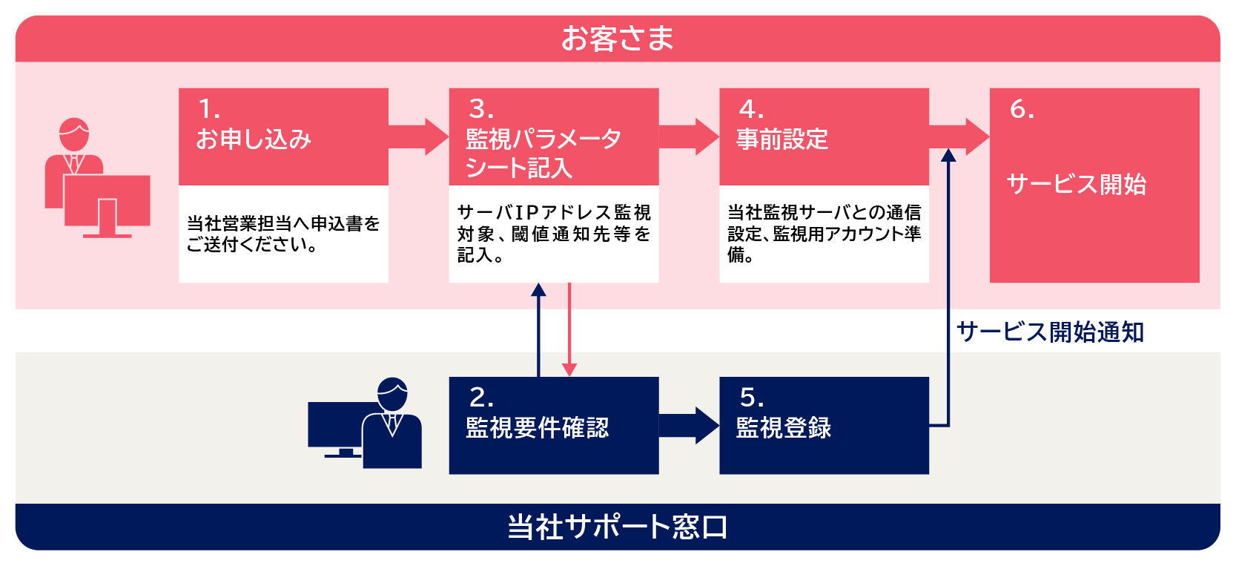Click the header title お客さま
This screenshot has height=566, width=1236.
click(x=617, y=39)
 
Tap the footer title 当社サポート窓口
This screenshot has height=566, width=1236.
click(x=617, y=527)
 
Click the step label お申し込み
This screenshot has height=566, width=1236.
click(x=254, y=139)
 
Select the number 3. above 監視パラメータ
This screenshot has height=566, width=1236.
click(x=480, y=110)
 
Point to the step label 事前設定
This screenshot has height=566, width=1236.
click(x=782, y=139)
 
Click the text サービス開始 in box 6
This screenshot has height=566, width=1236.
click(x=1076, y=184)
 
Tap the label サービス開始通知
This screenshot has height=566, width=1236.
click(x=1050, y=332)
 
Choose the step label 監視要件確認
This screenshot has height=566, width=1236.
click(x=537, y=428)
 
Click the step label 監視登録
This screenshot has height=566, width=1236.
click(x=784, y=428)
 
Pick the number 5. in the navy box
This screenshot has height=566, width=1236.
click(x=751, y=398)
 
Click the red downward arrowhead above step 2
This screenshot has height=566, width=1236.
click(x=569, y=369)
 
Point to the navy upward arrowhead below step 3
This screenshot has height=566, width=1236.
click(x=539, y=290)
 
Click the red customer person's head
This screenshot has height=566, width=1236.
click(x=74, y=134)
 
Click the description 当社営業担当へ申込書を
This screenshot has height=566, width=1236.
click(x=283, y=223)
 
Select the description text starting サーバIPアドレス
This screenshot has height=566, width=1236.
click(x=554, y=213)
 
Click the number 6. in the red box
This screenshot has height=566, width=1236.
click(x=1021, y=110)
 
